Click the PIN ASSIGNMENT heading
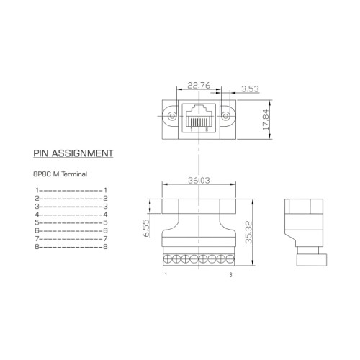(x=73, y=153)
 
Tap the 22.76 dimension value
(x=199, y=85)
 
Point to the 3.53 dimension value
(x=250, y=90)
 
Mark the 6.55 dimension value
(x=145, y=229)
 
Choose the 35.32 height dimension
(x=249, y=231)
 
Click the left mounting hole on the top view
(x=171, y=116)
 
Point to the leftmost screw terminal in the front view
(x=168, y=258)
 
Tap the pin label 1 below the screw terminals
(x=166, y=275)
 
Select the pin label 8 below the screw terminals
(x=230, y=275)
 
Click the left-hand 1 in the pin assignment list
(x=35, y=189)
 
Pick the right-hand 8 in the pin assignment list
(x=105, y=247)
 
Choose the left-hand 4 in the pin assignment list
(x=35, y=215)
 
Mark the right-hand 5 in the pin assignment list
(x=105, y=222)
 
